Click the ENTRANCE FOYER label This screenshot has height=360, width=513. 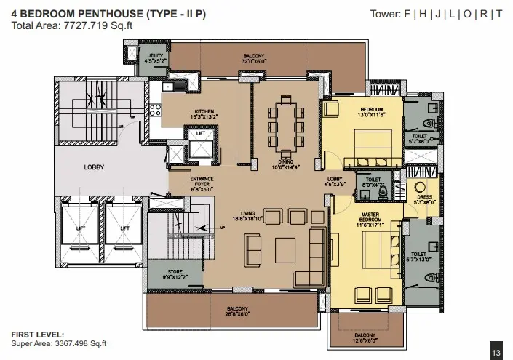(201, 181)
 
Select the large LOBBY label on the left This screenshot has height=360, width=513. (94, 167)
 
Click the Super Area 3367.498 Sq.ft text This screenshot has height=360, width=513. (58, 344)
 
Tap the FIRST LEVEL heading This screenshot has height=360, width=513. (37, 335)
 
